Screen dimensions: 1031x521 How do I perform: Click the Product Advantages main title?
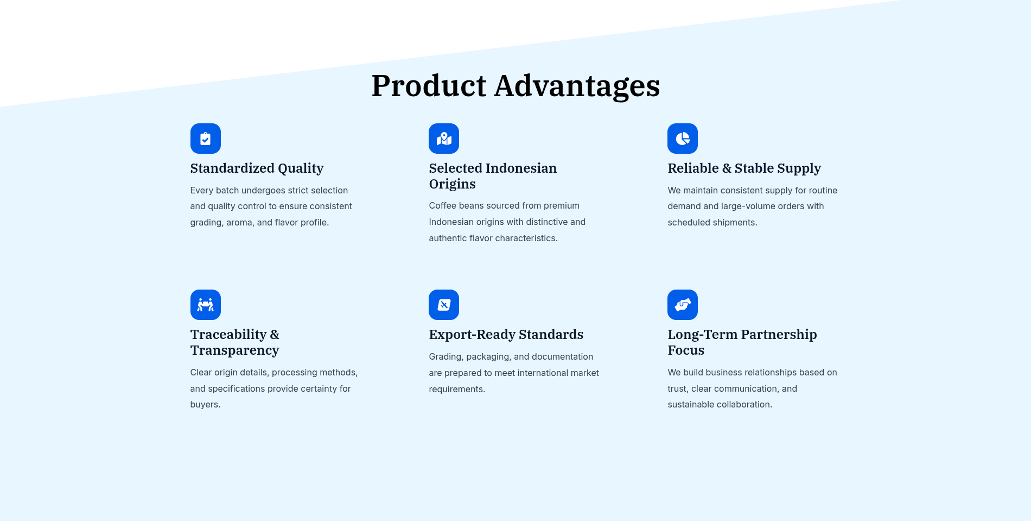[515, 86]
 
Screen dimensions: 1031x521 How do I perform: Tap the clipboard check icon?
[205, 139]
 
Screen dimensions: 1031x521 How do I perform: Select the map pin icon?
[444, 139]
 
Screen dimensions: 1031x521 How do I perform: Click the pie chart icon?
[683, 139]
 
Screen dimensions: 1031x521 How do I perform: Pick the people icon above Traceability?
[205, 305]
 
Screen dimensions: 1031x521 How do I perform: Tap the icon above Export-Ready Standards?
[444, 305]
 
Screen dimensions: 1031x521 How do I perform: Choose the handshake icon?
[683, 305]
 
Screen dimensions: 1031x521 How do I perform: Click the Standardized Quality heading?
[257, 168]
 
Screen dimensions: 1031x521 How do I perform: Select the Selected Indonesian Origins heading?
[493, 176]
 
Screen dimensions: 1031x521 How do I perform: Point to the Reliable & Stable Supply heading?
[744, 168]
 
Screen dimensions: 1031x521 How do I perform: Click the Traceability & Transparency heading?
[235, 342]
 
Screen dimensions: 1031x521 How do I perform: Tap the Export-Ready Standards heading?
[506, 335]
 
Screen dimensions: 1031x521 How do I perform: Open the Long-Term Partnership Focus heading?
[742, 342]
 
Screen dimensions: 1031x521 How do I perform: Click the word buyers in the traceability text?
[205, 405]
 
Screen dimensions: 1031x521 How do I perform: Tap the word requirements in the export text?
[457, 390]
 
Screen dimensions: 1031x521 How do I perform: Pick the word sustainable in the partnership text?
[691, 405]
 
